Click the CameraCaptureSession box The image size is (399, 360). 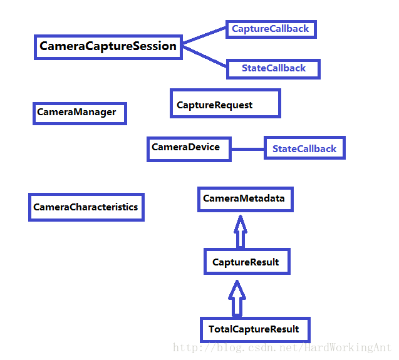(108, 46)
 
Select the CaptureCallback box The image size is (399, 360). (270, 29)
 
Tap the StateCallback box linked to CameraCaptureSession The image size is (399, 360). (274, 68)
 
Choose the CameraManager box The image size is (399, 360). (79, 113)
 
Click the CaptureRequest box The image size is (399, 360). (225, 103)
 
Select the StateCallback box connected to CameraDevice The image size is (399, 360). (304, 149)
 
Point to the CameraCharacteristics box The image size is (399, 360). (86, 207)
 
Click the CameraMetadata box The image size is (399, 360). (244, 199)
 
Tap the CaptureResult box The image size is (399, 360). (247, 261)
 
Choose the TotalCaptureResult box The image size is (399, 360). (254, 329)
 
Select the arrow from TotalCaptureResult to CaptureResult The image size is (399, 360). (236, 298)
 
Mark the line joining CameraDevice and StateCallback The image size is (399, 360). (247, 149)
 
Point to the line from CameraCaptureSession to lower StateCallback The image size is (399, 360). (204, 56)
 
